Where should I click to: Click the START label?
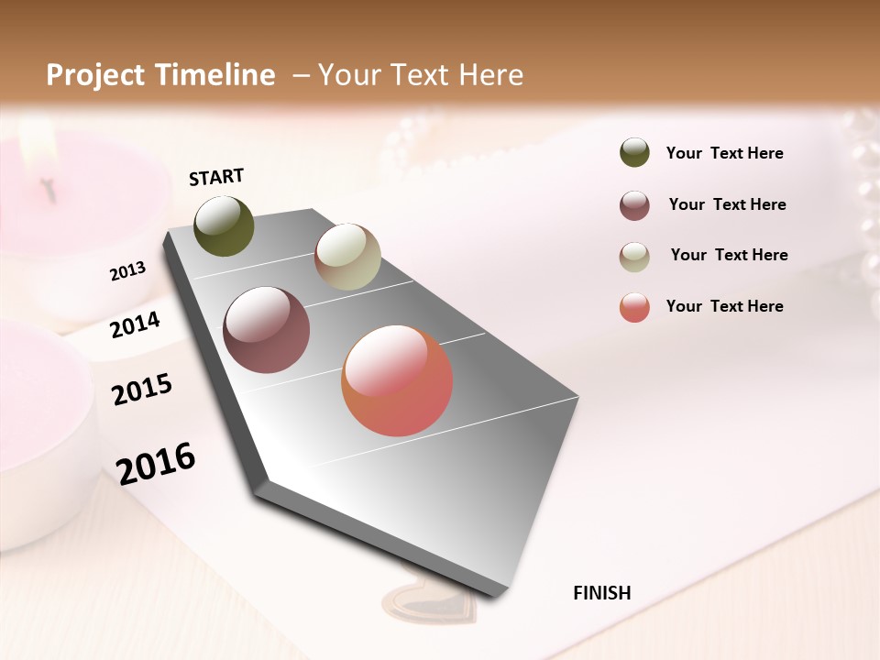click(x=216, y=177)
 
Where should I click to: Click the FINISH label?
click(x=601, y=593)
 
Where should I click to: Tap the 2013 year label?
click(x=127, y=271)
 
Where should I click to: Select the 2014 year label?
click(x=135, y=324)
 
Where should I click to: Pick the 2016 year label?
click(x=156, y=463)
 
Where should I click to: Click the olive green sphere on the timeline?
click(x=225, y=225)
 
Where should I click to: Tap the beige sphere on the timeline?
click(x=347, y=257)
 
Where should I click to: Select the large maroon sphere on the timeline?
click(x=267, y=330)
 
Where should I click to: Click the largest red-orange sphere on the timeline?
click(x=397, y=380)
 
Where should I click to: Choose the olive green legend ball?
click(x=634, y=153)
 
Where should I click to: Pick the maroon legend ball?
click(x=634, y=205)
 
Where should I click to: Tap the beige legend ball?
click(x=634, y=257)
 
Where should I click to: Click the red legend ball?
click(x=634, y=307)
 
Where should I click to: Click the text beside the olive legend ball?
click(x=724, y=153)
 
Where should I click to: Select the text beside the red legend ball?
click(x=724, y=306)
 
